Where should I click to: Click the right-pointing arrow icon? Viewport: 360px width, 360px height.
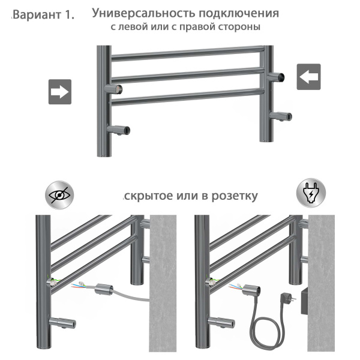coord(60,92)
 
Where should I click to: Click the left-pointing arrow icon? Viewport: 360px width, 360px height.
coord(308,76)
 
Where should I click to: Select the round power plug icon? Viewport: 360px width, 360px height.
coord(311,194)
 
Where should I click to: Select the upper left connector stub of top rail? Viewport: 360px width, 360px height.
coord(113,89)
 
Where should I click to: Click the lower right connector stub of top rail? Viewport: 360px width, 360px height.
coord(280,115)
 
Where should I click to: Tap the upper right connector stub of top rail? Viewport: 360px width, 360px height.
coord(278,77)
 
